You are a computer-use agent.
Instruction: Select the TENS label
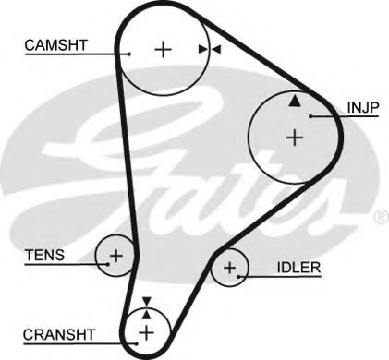click(44, 255)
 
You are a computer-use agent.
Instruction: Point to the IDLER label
click(298, 269)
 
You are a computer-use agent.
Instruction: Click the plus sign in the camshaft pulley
click(164, 49)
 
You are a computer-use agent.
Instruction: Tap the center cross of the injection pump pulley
click(294, 138)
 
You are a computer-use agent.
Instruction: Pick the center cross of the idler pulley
click(230, 270)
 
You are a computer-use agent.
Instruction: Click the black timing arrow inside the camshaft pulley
click(202, 49)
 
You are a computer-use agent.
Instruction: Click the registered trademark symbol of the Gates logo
click(380, 219)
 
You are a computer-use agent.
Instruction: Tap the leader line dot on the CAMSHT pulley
click(130, 54)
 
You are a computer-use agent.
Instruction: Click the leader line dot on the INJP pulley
click(311, 115)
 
